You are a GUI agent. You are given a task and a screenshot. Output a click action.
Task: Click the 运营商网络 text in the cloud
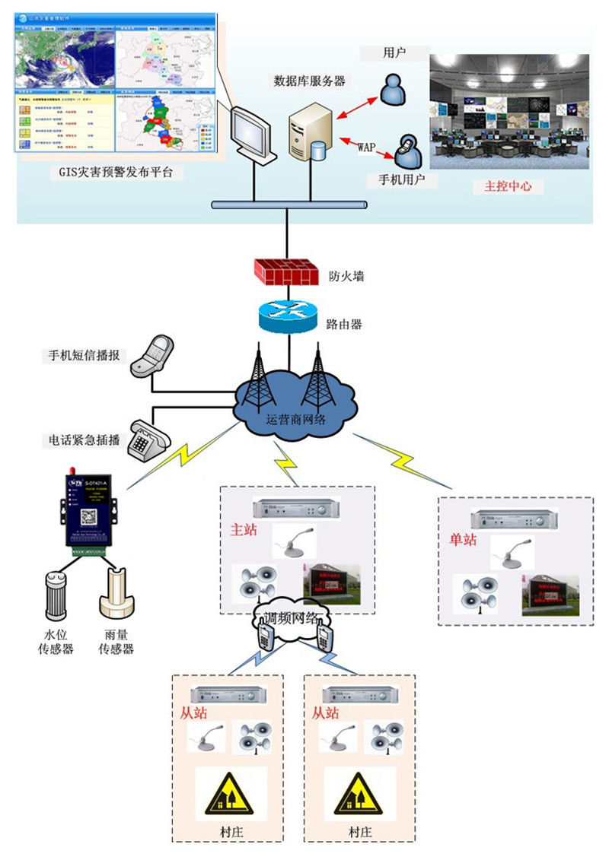point(296,417)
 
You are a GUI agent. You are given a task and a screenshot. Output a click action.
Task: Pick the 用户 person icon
point(394,89)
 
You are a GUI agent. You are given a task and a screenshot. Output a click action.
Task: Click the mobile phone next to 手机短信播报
point(151,357)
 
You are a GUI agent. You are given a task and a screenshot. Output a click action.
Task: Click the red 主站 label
point(244,531)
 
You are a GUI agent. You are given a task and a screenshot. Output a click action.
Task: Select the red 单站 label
point(463,539)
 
